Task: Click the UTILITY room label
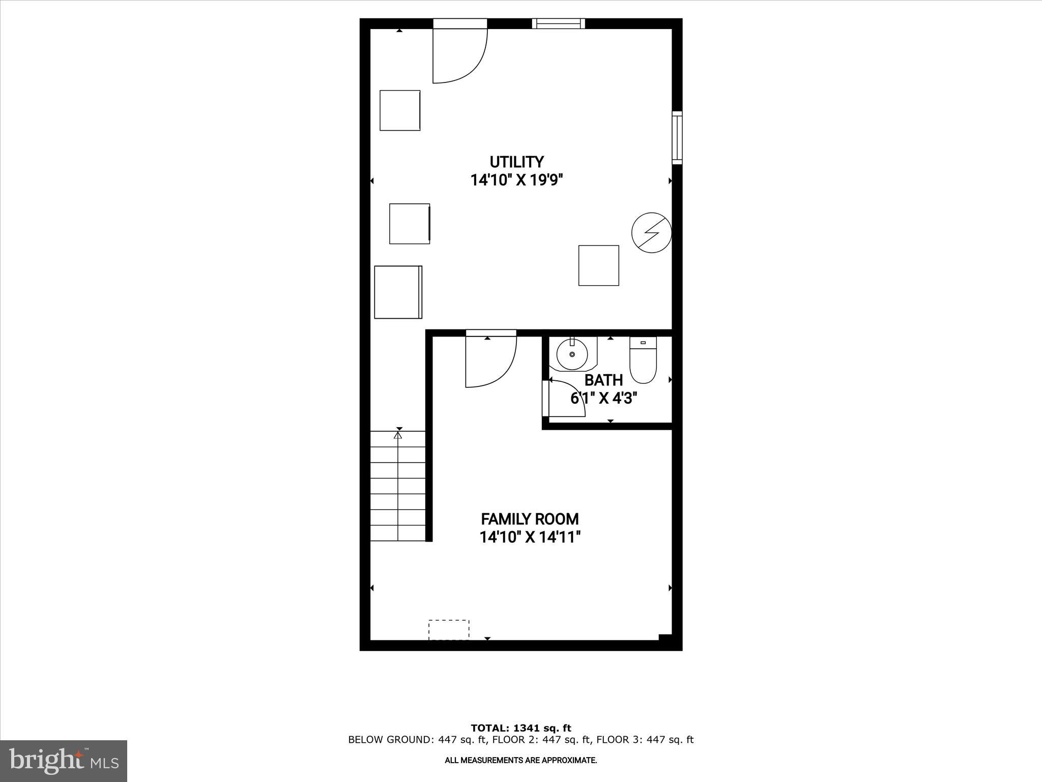516,162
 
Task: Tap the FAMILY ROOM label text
530,519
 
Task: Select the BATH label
603,380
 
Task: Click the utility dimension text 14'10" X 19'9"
517,180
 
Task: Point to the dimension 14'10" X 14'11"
530,537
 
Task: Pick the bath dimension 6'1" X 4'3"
603,398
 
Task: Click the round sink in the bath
572,354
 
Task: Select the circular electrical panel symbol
651,232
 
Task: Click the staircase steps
397,494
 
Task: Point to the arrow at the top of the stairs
398,435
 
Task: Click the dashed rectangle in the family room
449,629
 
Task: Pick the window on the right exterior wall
677,137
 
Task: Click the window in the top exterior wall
558,23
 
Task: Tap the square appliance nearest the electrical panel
598,265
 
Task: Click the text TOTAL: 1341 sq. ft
520,728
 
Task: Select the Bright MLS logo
64,761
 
